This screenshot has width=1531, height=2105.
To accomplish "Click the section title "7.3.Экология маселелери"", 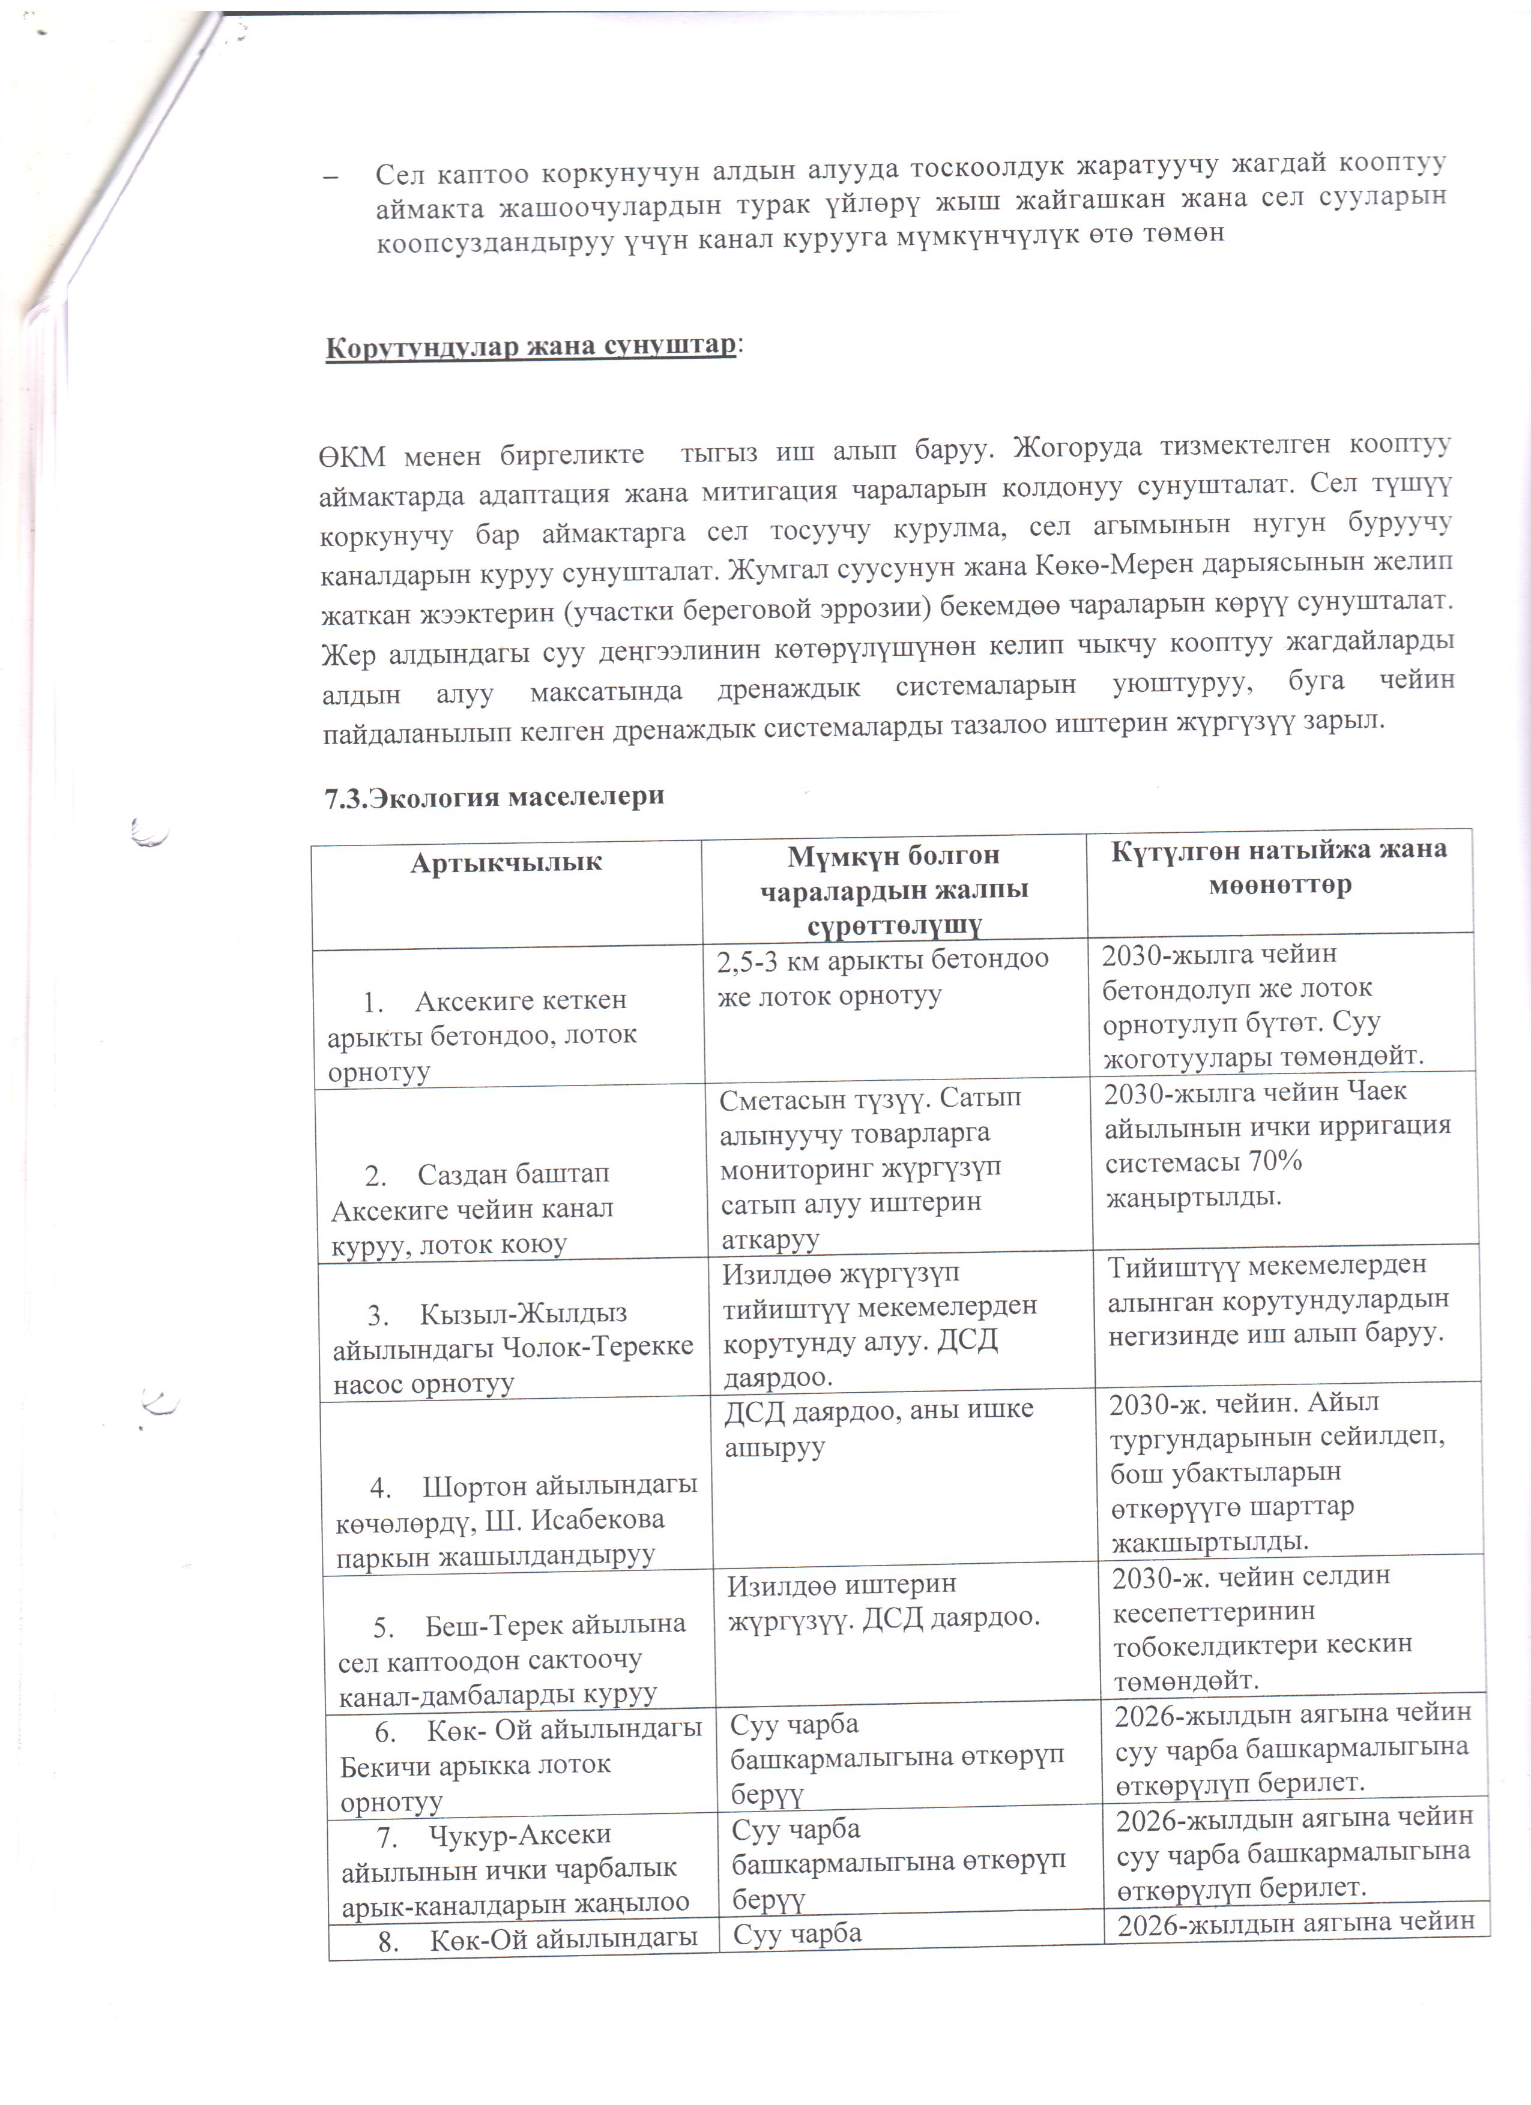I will pyautogui.click(x=494, y=796).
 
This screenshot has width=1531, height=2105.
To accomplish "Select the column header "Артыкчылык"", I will pyautogui.click(x=506, y=862).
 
